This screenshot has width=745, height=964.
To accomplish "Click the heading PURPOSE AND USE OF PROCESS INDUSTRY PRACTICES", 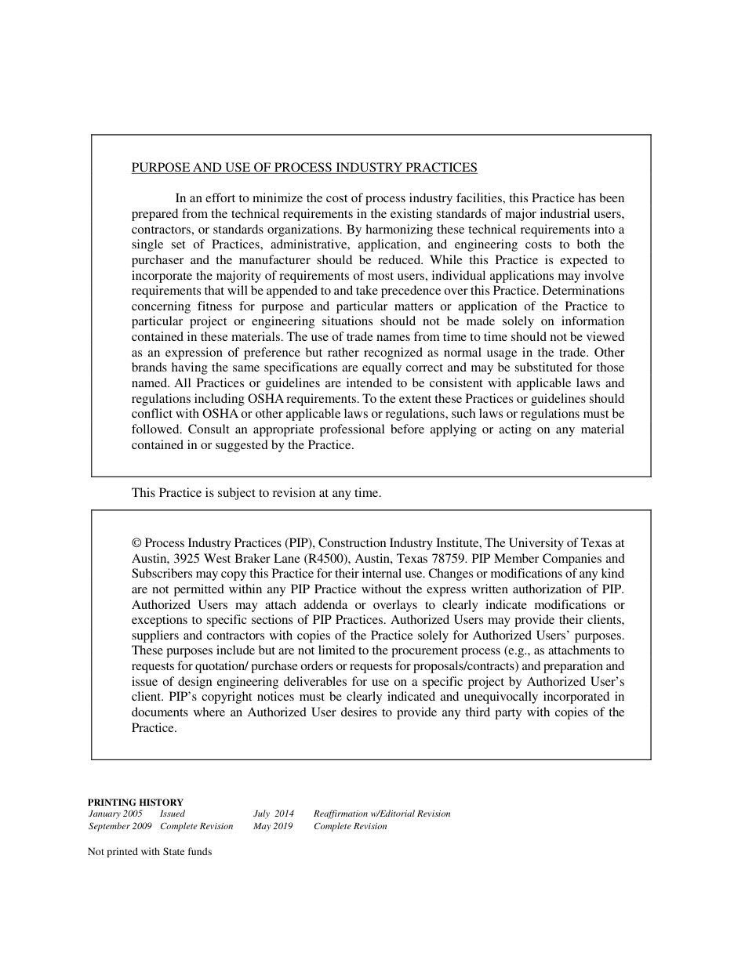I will [x=303, y=168].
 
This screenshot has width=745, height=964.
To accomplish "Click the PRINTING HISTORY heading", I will [x=135, y=803].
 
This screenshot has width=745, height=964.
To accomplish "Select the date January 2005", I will [x=115, y=814].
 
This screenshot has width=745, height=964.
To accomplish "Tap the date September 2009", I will [x=120, y=827].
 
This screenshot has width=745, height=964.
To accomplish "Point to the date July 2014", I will [x=274, y=814].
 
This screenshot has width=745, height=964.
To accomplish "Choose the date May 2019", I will [x=272, y=827].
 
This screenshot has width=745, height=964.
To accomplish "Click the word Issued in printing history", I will [x=173, y=814].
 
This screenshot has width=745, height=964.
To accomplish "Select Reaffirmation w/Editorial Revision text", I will [x=382, y=814].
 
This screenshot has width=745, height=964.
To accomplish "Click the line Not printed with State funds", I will [x=150, y=852].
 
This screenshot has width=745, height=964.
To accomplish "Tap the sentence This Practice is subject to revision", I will [x=256, y=494].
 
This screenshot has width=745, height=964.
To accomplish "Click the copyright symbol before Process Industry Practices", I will [x=136, y=543].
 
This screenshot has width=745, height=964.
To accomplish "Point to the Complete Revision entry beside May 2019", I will [x=350, y=827].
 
